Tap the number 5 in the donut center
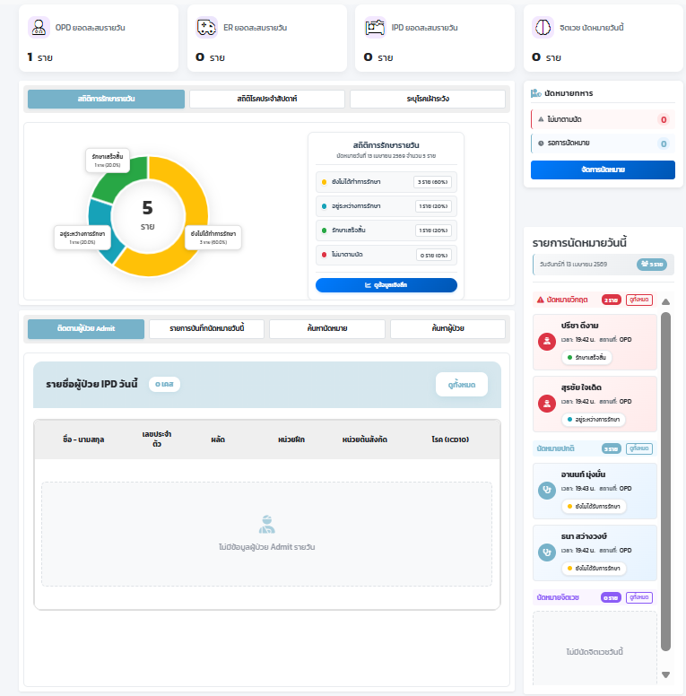[x=147, y=208]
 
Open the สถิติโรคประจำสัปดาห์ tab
[x=266, y=99]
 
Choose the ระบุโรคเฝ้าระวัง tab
[x=427, y=99]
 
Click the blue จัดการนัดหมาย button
[x=603, y=170]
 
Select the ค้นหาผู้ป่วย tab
[x=447, y=329]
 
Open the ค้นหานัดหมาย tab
[x=326, y=329]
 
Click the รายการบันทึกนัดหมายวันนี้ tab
[x=206, y=329]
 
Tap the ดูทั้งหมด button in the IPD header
[x=462, y=385]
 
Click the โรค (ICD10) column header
[x=450, y=439]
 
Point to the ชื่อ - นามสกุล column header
[x=83, y=439]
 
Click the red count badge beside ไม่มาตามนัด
[x=663, y=119]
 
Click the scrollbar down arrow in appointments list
[x=665, y=674]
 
